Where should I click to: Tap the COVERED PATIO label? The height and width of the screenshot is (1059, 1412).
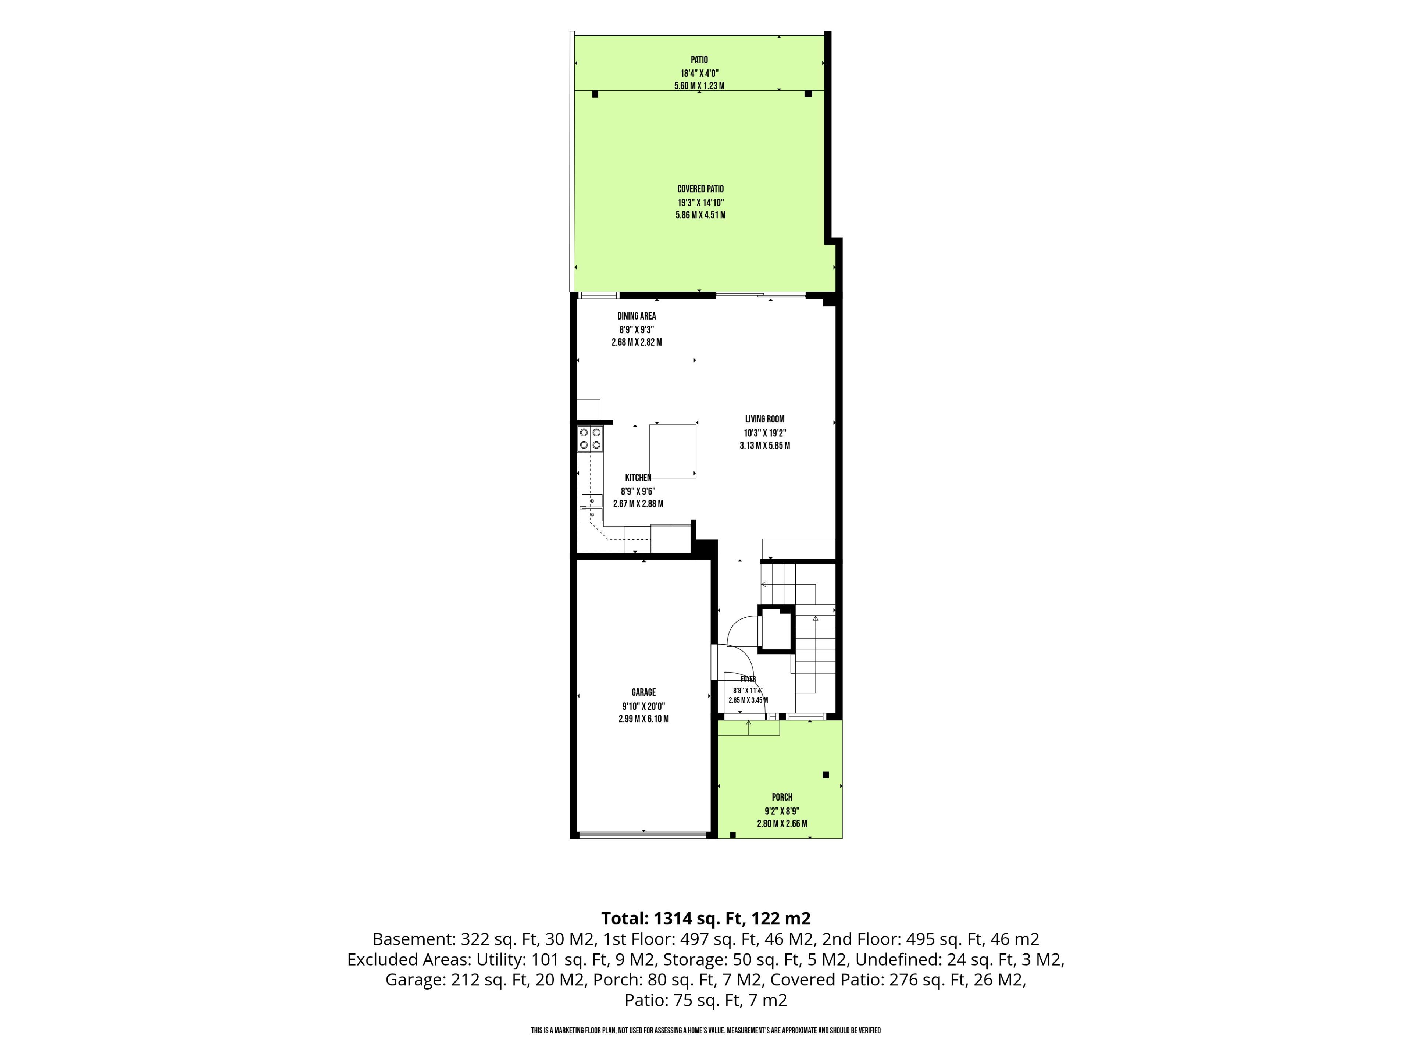point(700,189)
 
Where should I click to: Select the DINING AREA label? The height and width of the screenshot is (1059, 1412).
point(637,316)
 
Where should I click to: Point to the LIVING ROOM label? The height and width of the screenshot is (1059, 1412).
point(765,420)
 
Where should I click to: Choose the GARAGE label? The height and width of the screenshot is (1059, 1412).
point(643,692)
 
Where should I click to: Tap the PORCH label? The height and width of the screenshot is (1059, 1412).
point(782,797)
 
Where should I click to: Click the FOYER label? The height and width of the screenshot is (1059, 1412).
point(748,679)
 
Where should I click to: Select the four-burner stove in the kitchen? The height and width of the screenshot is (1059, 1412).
point(590,439)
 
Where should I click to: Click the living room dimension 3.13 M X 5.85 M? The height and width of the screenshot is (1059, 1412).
point(765,446)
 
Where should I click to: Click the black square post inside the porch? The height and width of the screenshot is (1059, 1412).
point(826,775)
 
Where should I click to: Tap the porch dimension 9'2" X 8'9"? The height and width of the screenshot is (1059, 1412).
point(782,811)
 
